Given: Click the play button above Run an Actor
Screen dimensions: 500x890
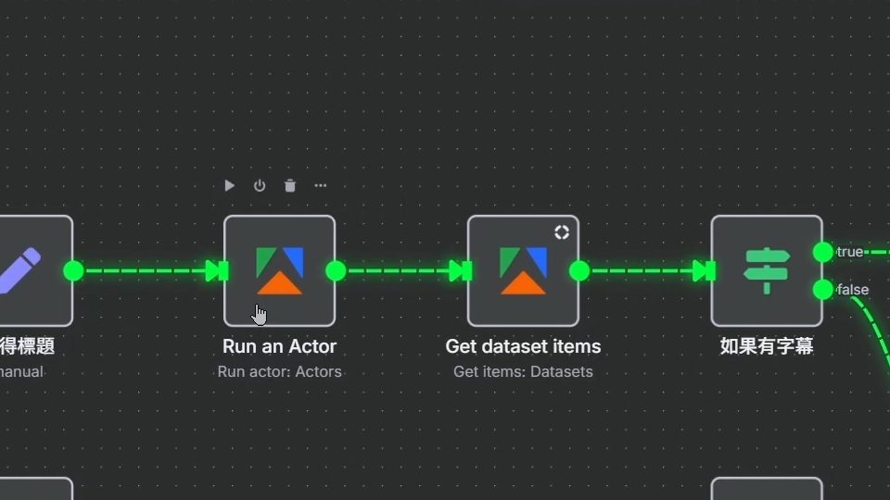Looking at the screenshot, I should [x=229, y=185].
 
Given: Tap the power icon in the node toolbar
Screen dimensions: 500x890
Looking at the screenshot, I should [x=260, y=185].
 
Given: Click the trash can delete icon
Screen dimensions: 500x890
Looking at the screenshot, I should [x=290, y=185].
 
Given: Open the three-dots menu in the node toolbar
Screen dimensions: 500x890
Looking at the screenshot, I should [x=321, y=185].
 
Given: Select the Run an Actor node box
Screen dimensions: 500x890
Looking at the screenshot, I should [x=279, y=270].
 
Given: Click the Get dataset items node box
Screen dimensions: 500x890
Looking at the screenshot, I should [x=523, y=270].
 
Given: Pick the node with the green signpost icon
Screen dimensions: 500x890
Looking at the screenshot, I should [x=767, y=270].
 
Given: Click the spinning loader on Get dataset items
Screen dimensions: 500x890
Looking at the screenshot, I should [x=562, y=232].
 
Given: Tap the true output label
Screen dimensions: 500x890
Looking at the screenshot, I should [x=850, y=252].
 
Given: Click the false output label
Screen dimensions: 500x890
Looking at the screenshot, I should [x=853, y=290].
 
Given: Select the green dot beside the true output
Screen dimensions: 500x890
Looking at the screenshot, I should [x=822, y=252].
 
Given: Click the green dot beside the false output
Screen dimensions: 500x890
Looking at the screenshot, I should [x=822, y=290].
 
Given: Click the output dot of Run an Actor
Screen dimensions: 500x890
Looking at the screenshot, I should [x=336, y=270].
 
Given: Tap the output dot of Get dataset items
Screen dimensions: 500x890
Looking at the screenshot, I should [x=579, y=270].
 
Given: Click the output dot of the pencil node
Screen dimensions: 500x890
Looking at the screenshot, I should [x=73, y=270].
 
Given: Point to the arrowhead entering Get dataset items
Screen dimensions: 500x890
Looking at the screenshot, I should [x=459, y=270].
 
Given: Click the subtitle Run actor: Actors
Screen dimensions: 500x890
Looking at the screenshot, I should [x=279, y=372].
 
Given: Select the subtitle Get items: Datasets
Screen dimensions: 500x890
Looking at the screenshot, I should [x=523, y=372].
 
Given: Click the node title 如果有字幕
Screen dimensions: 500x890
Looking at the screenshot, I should [x=767, y=347].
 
